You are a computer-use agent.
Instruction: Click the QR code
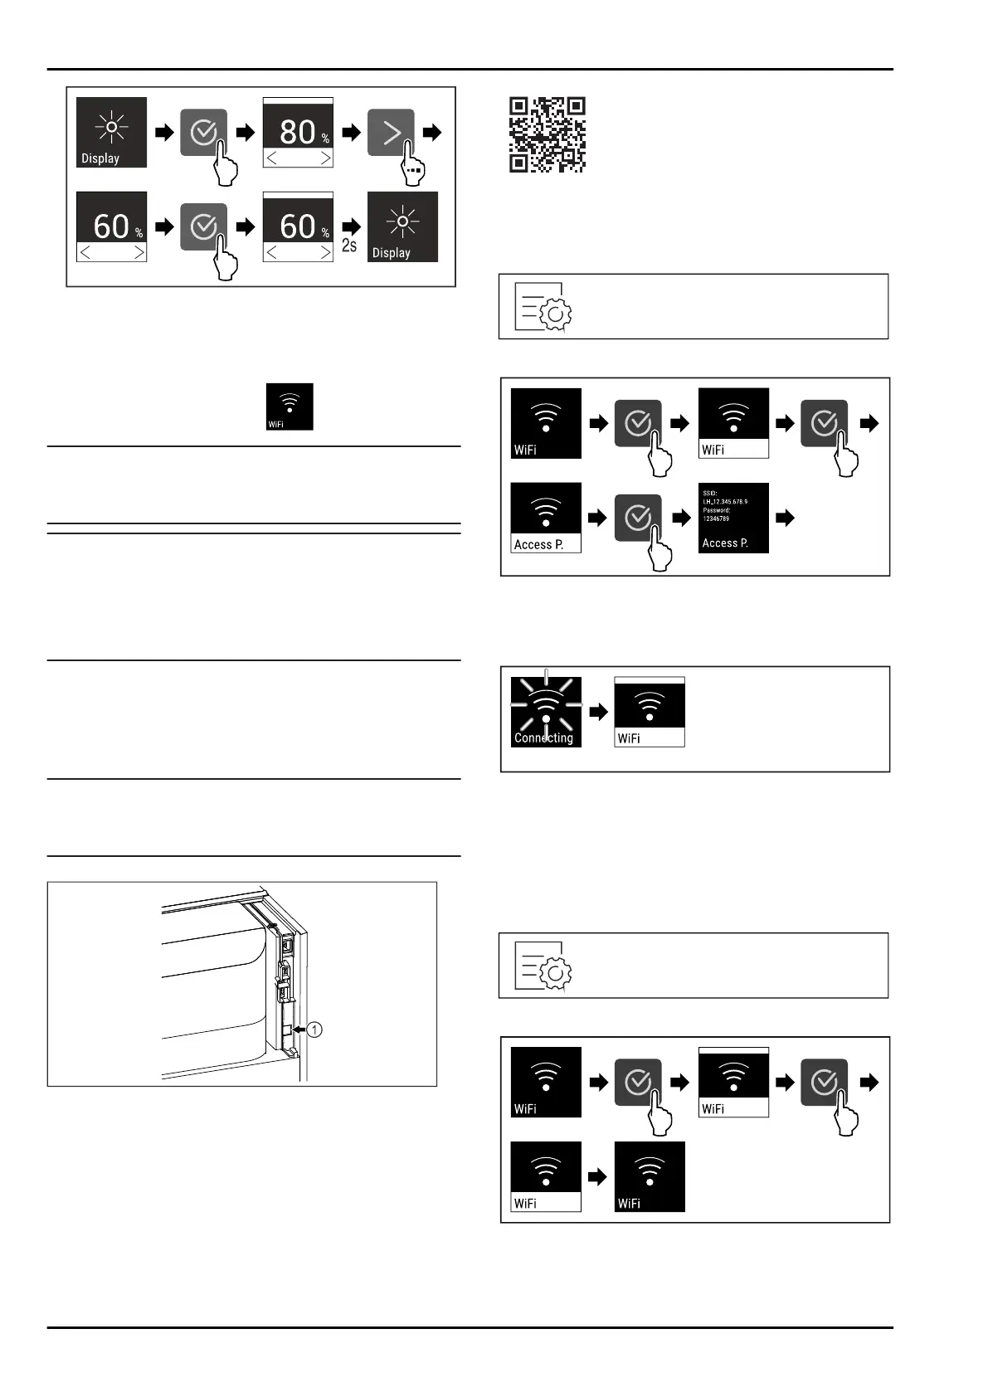click(x=547, y=134)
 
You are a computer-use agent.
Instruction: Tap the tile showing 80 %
click(x=298, y=132)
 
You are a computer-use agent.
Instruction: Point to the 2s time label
click(x=349, y=246)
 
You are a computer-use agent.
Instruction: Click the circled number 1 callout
click(x=314, y=1029)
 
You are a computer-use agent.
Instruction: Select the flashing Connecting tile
click(x=546, y=712)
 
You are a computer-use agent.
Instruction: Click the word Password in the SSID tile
click(x=716, y=510)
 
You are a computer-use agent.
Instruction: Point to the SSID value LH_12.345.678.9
click(x=725, y=502)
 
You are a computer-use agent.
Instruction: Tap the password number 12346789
click(x=716, y=518)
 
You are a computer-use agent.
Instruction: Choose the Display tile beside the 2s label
click(x=402, y=226)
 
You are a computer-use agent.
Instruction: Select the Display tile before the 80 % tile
click(x=111, y=132)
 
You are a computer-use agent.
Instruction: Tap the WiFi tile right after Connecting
click(x=650, y=712)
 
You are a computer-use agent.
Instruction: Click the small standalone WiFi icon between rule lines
click(x=289, y=406)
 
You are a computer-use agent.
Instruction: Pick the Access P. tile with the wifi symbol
click(x=546, y=518)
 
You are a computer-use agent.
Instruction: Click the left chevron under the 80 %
click(x=272, y=158)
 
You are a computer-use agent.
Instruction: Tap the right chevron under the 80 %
click(x=325, y=158)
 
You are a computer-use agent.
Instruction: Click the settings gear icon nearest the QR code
click(x=543, y=307)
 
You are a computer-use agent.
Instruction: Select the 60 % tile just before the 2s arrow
click(x=298, y=226)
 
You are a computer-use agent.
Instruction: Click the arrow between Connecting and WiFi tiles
click(x=598, y=712)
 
